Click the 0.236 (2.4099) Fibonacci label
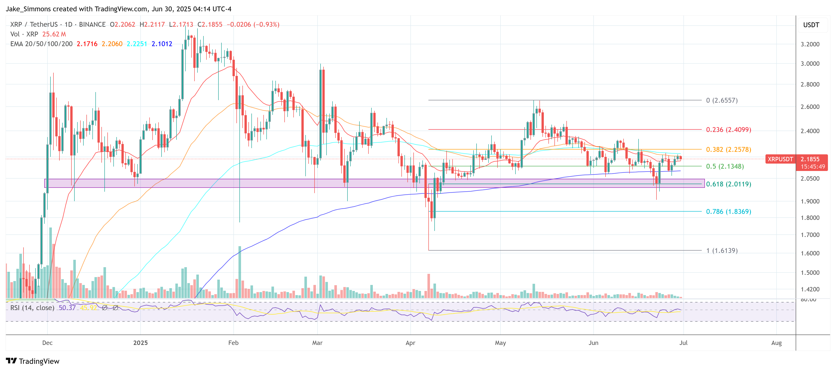coord(728,130)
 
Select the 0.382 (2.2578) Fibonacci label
coord(728,150)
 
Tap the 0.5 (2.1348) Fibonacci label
coord(725,166)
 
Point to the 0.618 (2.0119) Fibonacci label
coord(728,184)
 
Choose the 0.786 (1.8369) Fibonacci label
coord(728,212)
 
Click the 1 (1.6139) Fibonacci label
coord(722,251)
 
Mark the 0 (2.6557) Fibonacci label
coord(722,100)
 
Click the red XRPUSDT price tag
coord(780,159)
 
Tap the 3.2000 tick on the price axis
coord(810,44)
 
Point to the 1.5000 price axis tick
coord(810,272)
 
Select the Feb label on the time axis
coord(233,343)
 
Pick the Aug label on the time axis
coord(776,343)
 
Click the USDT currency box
coord(811,25)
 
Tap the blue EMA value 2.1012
coord(162,44)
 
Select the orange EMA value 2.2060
coord(112,44)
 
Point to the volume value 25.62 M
coord(54,34)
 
